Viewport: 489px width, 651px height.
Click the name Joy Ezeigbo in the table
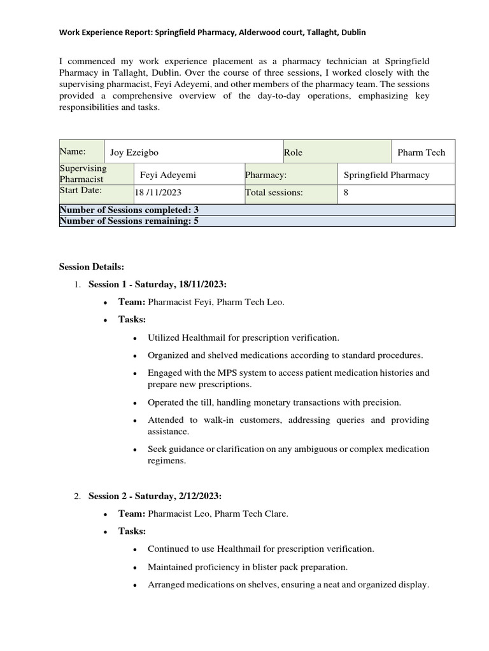tap(134, 153)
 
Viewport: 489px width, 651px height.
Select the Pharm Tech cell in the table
tap(421, 153)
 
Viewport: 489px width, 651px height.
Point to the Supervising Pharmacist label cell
tap(83, 174)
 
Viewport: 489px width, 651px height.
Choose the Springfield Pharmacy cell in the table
tap(386, 175)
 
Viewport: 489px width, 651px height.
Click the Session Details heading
tap(92, 266)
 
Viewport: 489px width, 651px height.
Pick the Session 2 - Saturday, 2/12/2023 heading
tap(154, 496)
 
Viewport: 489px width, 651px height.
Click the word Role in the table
tap(293, 153)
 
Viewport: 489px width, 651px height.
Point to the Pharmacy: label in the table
tap(266, 175)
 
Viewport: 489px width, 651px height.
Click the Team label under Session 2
tap(131, 514)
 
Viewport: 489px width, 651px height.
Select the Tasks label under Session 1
tap(132, 319)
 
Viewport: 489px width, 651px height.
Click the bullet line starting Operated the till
tap(274, 402)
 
